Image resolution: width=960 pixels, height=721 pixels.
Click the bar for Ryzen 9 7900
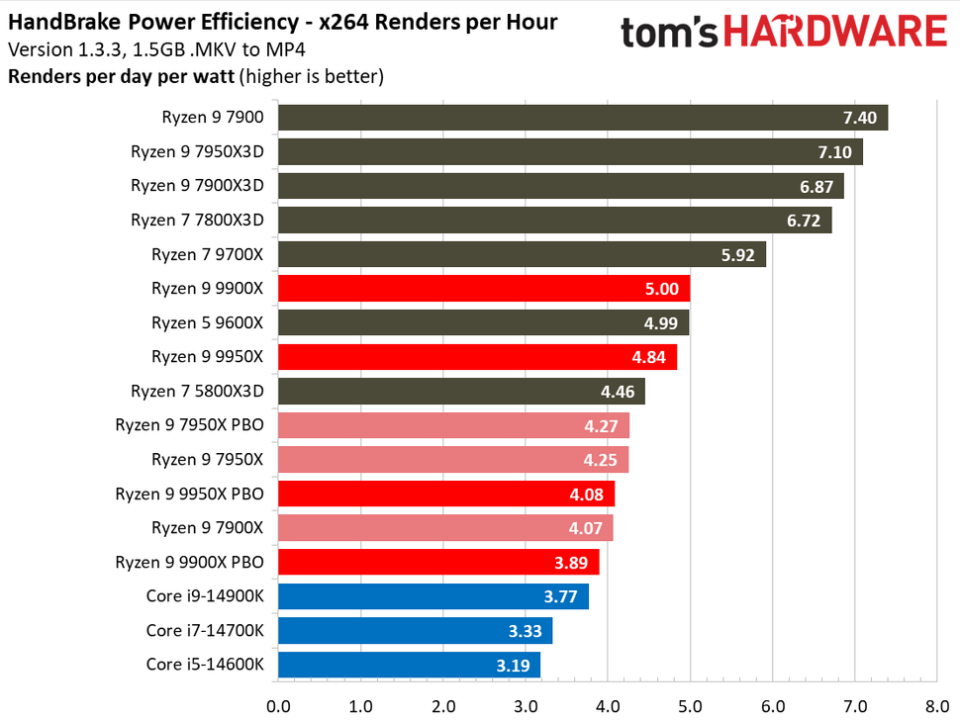point(582,118)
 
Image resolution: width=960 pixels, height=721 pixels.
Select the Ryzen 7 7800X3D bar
point(554,221)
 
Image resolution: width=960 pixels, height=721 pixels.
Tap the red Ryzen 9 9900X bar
point(484,289)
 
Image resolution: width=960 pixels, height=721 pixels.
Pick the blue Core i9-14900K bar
point(433,596)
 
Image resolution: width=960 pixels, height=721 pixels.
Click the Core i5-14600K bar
point(409,665)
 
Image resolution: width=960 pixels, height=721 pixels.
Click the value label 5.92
point(738,255)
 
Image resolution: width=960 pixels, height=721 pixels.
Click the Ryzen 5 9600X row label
point(208,322)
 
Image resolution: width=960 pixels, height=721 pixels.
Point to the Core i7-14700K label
point(205,630)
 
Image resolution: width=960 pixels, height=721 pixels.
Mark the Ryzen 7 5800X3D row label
point(197,391)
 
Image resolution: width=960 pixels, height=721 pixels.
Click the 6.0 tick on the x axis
point(772,706)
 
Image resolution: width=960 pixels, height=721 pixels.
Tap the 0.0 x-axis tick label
point(278,706)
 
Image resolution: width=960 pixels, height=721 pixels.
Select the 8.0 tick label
point(936,706)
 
